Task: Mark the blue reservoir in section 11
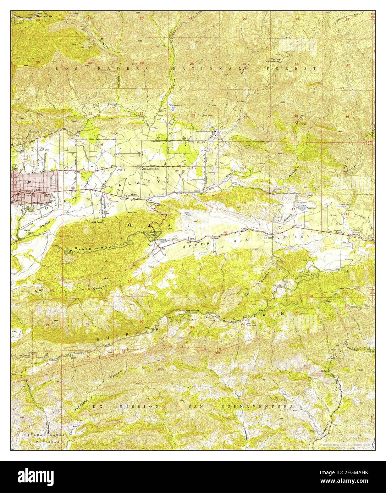(302, 206)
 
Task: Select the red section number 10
(244, 203)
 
